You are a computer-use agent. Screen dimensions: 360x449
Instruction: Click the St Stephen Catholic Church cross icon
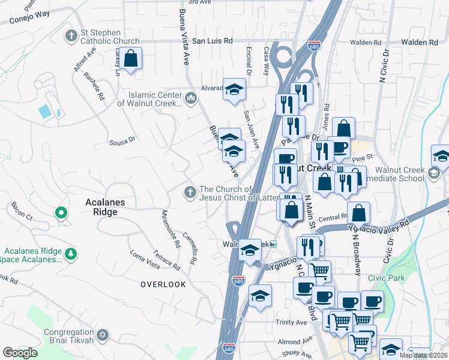(x=71, y=35)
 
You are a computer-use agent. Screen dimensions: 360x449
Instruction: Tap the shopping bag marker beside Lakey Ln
(x=130, y=59)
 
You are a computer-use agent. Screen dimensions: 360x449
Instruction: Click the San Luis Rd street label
(x=212, y=41)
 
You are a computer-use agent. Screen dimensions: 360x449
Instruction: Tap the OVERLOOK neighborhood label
(x=163, y=284)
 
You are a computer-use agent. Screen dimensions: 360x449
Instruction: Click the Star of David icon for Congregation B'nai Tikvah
(x=102, y=333)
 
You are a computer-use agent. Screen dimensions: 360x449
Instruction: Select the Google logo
(x=20, y=353)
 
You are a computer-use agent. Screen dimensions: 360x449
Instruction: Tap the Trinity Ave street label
(x=292, y=322)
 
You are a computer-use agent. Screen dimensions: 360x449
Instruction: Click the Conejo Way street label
(x=29, y=19)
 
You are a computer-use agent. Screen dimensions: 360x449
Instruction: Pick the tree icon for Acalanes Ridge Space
(x=71, y=254)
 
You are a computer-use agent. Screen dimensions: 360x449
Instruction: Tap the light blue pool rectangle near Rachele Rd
(x=44, y=111)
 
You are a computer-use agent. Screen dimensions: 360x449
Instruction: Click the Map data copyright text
(x=423, y=355)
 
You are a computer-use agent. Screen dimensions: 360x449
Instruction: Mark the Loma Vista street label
(x=145, y=259)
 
